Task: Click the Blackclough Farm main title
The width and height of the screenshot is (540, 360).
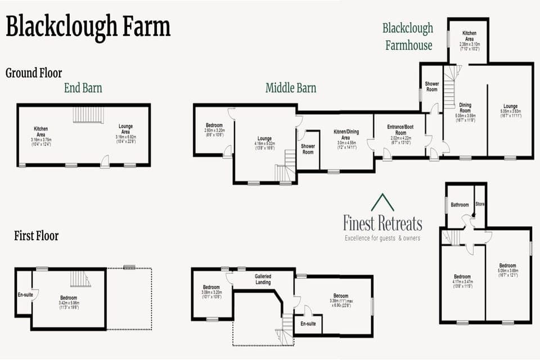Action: point(88,26)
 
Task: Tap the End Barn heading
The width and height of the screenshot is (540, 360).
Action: point(83,88)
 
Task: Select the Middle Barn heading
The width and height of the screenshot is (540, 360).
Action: point(291,88)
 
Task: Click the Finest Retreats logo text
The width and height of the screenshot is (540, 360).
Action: point(382,223)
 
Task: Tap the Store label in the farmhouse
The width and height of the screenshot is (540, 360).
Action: point(480,204)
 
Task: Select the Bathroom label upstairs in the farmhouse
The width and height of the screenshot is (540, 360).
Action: point(460,205)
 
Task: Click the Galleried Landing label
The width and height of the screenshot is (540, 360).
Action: point(263,280)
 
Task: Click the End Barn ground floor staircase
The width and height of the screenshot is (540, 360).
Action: point(88,115)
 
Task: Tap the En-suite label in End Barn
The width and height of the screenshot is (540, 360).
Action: point(24,294)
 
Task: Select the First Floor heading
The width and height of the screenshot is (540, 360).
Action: point(36,236)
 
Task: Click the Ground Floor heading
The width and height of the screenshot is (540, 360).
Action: point(34,73)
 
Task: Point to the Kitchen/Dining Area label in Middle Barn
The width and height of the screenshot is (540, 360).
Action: point(346,134)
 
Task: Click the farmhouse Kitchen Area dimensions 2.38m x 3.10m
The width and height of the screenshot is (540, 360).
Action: point(469,44)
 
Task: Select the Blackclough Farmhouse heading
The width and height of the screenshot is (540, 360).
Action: point(408,37)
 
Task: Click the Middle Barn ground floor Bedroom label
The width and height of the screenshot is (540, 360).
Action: point(214,125)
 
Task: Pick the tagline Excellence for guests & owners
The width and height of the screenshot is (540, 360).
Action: point(382,238)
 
